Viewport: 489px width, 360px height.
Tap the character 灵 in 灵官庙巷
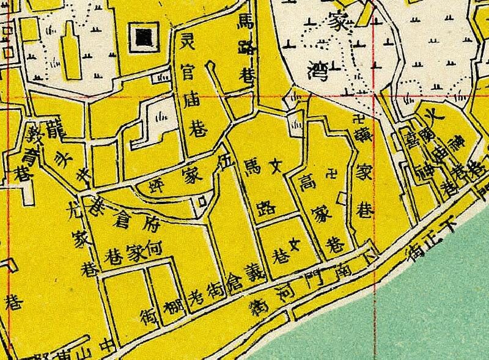pyautogui.click(x=188, y=43)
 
